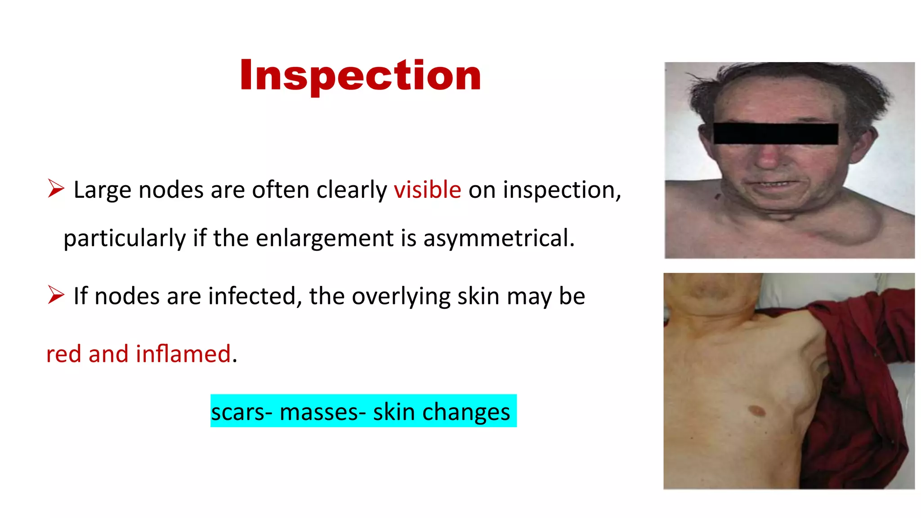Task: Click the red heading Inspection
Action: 360,75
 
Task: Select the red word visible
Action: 427,190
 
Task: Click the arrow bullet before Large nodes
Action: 56,188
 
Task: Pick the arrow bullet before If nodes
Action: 56,295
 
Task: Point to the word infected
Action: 255,296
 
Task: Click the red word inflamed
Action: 183,354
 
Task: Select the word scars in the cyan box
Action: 238,411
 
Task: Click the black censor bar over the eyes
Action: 775,134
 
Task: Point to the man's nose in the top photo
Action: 769,157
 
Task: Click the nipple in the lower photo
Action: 756,411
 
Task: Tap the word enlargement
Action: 325,238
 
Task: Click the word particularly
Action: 125,238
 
